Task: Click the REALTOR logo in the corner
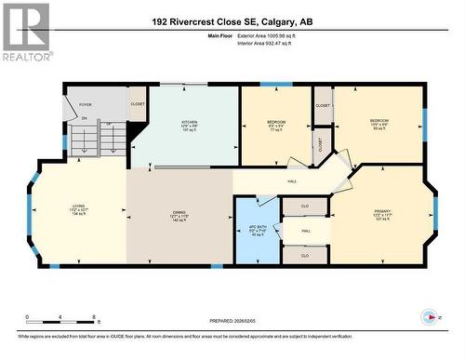[25, 32]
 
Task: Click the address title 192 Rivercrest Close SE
[232, 20]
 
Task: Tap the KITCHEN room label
[189, 122]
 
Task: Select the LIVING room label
[79, 208]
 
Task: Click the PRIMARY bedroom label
[381, 213]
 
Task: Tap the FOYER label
[85, 105]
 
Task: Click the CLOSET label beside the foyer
[137, 103]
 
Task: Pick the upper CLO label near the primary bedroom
[304, 206]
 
